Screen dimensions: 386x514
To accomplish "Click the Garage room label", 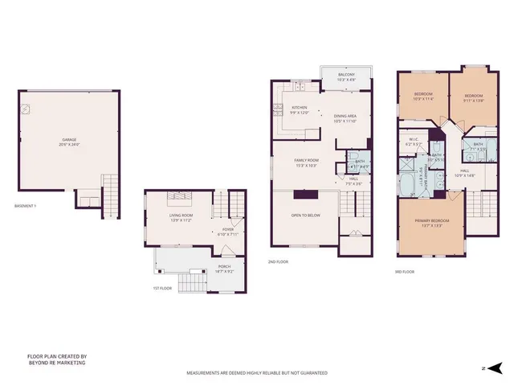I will click(70, 141).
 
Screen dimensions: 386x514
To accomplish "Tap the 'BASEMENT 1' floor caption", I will click(27, 207).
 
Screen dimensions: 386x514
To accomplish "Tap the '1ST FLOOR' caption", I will click(163, 288).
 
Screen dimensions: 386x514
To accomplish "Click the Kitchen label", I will click(300, 109).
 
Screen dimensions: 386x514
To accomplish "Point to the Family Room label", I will click(307, 162).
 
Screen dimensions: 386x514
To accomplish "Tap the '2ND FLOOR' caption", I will click(279, 261).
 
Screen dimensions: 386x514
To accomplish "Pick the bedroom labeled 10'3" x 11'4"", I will click(424, 96).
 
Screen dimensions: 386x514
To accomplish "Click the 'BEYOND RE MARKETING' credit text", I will click(56, 363).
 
